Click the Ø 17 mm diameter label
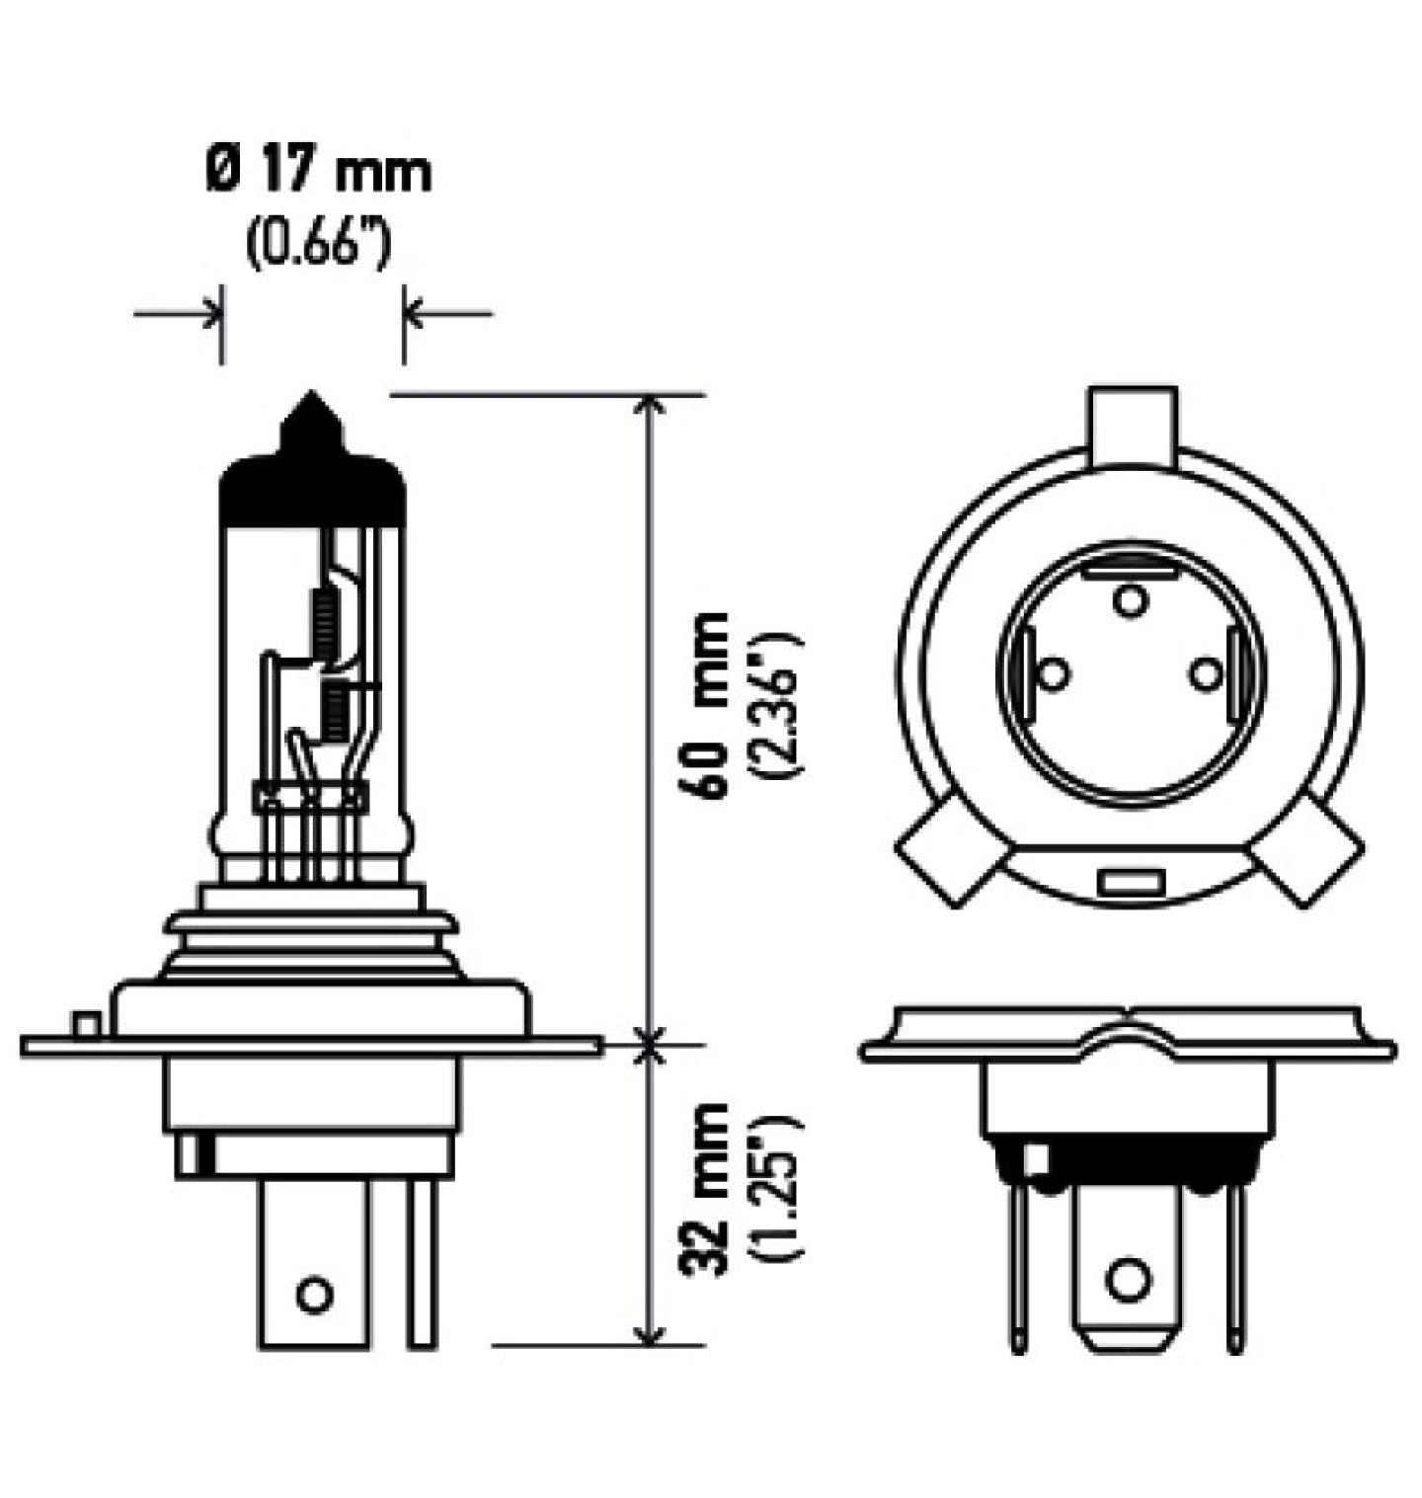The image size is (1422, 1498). point(319,171)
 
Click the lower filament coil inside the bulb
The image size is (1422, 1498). point(337,715)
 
